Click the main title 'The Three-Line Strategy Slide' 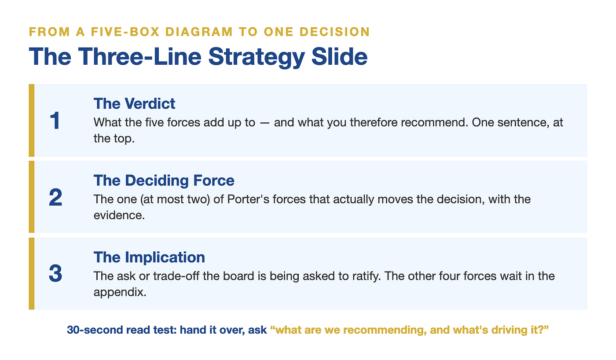pyautogui.click(x=198, y=57)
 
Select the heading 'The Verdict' pyautogui.click(x=134, y=104)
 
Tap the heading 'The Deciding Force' pyautogui.click(x=164, y=181)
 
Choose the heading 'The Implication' pyautogui.click(x=149, y=257)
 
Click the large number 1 pyautogui.click(x=55, y=121)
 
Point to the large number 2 pyautogui.click(x=55, y=197)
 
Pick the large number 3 pyautogui.click(x=55, y=274)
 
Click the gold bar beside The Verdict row pyautogui.click(x=32, y=121)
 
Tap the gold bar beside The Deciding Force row pyautogui.click(x=32, y=197)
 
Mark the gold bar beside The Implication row pyautogui.click(x=32, y=274)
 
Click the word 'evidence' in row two pyautogui.click(x=119, y=215)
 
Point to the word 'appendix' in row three pyautogui.click(x=120, y=292)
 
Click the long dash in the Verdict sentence pyautogui.click(x=264, y=123)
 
